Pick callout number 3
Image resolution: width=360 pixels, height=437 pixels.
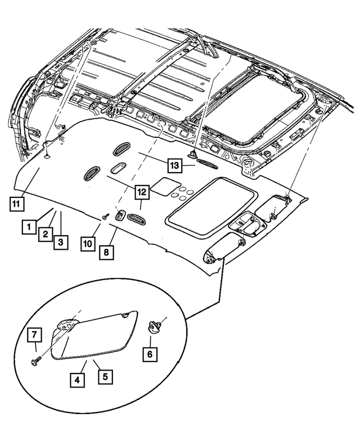tap(60, 242)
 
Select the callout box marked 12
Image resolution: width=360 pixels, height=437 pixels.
tap(142, 192)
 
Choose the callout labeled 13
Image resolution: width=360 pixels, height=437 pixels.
tap(175, 165)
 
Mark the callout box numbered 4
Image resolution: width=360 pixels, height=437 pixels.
tap(78, 380)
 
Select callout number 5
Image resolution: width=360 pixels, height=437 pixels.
tap(104, 375)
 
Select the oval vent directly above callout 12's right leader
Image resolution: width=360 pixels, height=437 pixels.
tap(135, 218)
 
